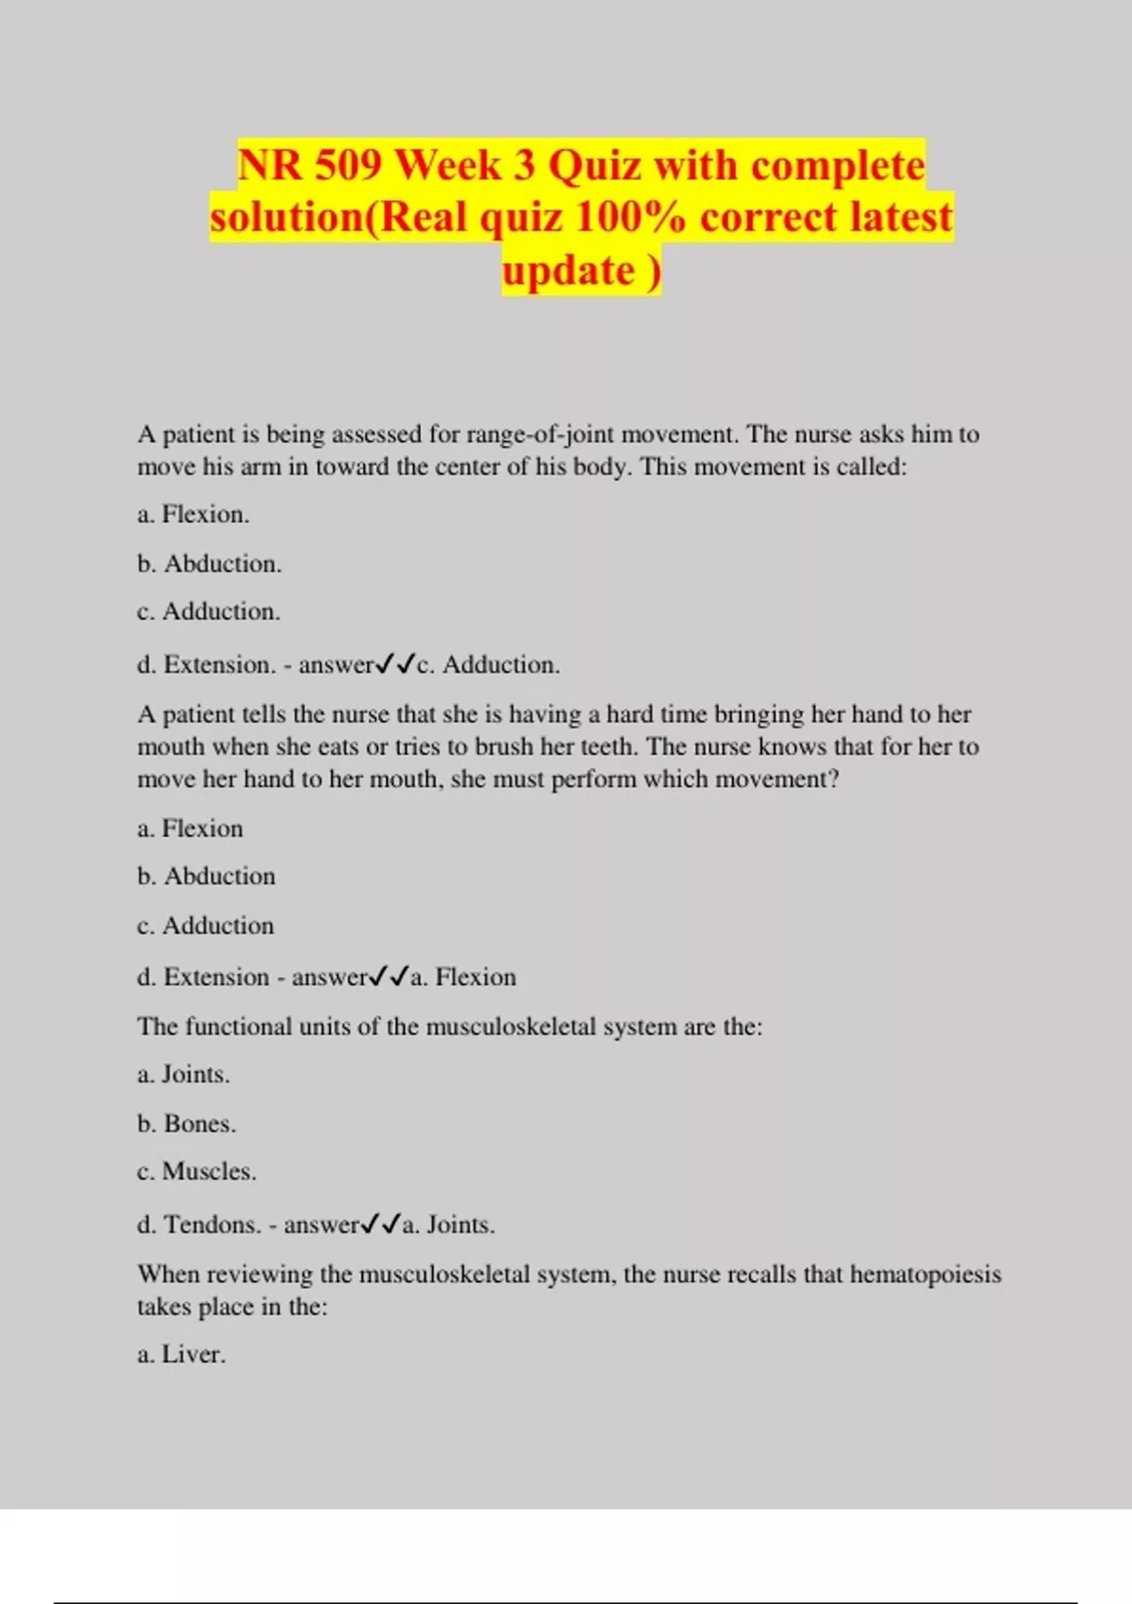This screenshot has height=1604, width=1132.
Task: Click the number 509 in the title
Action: pyautogui.click(x=348, y=166)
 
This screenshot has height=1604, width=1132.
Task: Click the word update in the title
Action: pyautogui.click(x=569, y=271)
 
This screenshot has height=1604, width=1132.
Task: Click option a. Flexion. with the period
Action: pyautogui.click(x=193, y=514)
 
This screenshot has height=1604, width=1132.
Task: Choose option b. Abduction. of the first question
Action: pyautogui.click(x=209, y=563)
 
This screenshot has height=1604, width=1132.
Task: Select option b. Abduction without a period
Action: pyautogui.click(x=207, y=876)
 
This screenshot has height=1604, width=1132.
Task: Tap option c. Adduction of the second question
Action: pyautogui.click(x=206, y=926)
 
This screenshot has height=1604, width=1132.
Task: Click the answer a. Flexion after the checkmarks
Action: pyautogui.click(x=463, y=977)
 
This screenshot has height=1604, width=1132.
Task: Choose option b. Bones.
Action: pyautogui.click(x=187, y=1124)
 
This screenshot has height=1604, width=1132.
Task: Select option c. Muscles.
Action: pyautogui.click(x=196, y=1172)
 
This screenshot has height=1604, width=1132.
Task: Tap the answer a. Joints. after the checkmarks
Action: pyautogui.click(x=448, y=1225)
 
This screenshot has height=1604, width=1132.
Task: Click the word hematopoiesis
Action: pyautogui.click(x=925, y=1274)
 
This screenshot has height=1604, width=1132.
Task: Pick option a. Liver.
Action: pyautogui.click(x=181, y=1355)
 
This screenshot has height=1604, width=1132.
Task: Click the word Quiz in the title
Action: pyautogui.click(x=595, y=166)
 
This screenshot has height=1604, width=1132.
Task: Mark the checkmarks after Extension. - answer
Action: pyautogui.click(x=395, y=664)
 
